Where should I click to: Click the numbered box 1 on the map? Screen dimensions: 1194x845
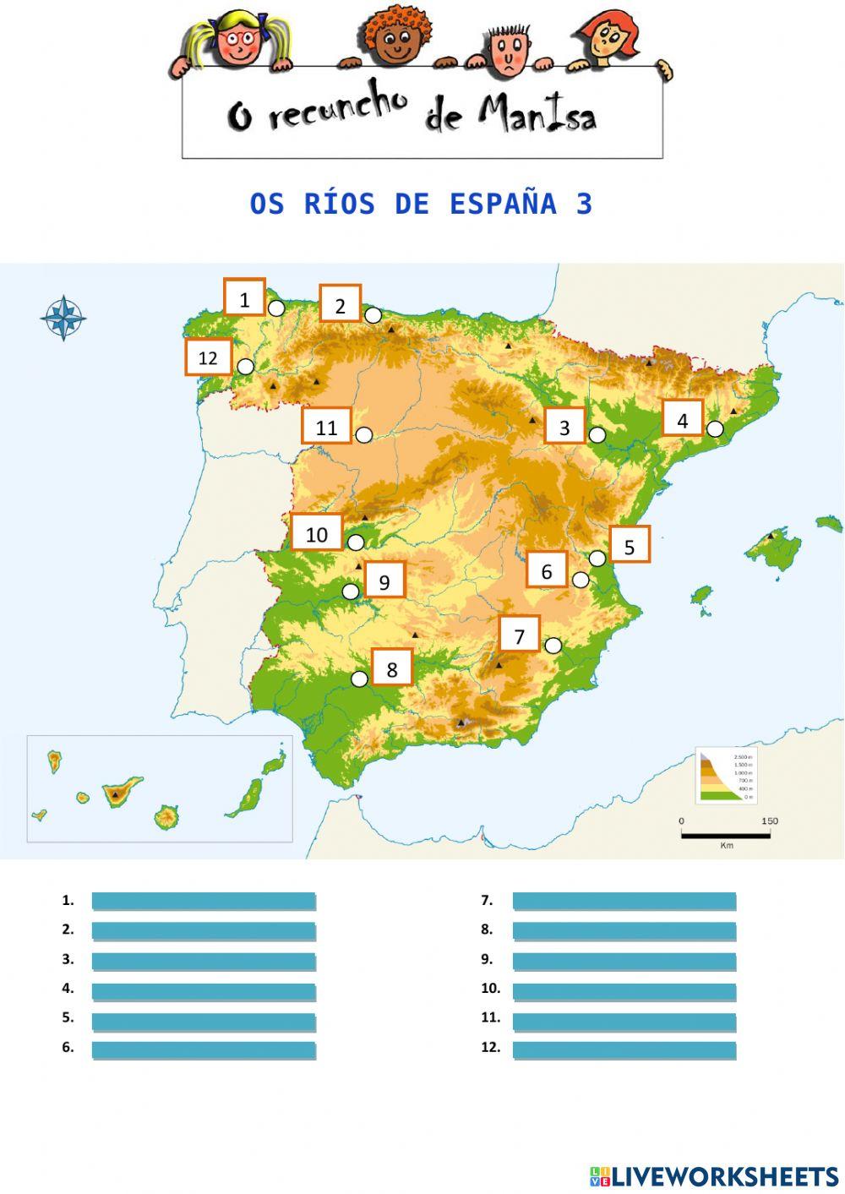tap(244, 297)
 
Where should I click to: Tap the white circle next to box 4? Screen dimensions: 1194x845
tap(715, 429)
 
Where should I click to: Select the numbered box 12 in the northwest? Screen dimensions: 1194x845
tap(208, 357)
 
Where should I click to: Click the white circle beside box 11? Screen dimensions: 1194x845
tap(364, 435)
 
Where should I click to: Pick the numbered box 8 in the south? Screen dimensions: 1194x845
tap(392, 668)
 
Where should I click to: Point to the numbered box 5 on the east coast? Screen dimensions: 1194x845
tap(629, 545)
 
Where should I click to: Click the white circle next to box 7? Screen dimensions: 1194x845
tap(553, 646)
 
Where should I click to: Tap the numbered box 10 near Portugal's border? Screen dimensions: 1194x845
tap(317, 532)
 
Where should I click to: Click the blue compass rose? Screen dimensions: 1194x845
tap(63, 319)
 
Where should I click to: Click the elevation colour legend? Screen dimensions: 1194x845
tap(725, 775)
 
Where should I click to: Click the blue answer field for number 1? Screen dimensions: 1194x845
tap(204, 902)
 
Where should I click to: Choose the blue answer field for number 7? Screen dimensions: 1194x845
tap(624, 902)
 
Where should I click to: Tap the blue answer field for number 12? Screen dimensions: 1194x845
tap(624, 1050)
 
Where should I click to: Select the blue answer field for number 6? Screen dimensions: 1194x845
tap(204, 1050)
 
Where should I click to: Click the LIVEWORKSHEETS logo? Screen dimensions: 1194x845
tap(714, 1175)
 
